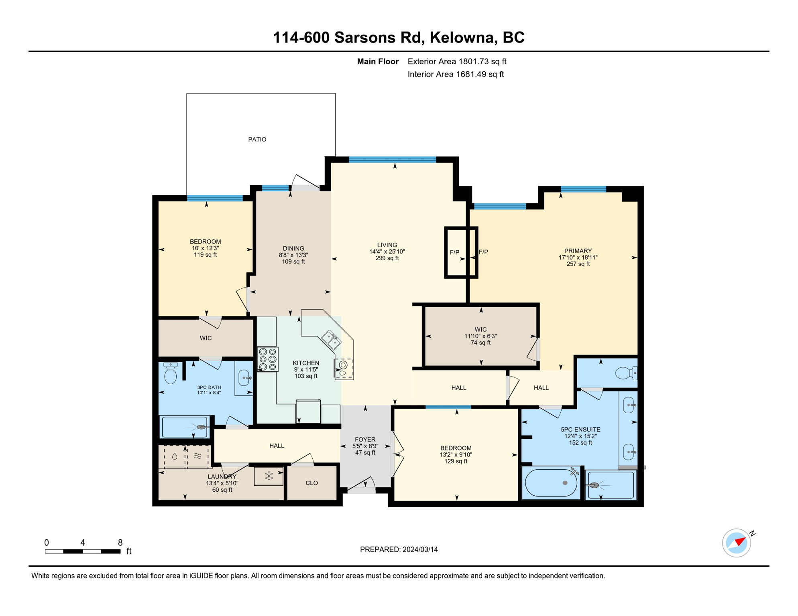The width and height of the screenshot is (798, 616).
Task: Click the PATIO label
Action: pos(257,139)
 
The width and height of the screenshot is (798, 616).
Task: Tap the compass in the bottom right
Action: pos(737,543)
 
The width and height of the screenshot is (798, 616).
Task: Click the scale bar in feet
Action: pos(83,551)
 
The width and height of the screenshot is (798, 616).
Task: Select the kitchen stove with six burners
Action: pos(268,359)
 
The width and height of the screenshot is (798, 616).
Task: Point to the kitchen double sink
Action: pos(331,340)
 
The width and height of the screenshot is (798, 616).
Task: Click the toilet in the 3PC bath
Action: pos(171,373)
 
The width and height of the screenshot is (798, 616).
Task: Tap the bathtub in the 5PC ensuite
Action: pos(551,482)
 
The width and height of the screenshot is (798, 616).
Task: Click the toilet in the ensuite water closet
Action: pos(626,373)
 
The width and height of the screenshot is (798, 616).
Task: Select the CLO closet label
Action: pos(311,483)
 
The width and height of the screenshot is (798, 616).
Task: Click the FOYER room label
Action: pos(365,439)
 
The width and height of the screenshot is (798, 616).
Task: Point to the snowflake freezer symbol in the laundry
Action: pos(269,476)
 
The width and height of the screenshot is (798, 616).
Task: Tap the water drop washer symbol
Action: pos(175,456)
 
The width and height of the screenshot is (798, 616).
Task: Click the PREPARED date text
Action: pos(399,549)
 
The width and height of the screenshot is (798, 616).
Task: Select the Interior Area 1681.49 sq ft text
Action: pos(456,74)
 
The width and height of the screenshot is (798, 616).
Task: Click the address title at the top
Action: pos(399,37)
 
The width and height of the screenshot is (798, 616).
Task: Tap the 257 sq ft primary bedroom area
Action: pos(578,264)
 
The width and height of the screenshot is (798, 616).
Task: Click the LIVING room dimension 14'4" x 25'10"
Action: pos(387,251)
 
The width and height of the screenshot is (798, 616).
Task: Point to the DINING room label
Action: pos(293,248)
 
